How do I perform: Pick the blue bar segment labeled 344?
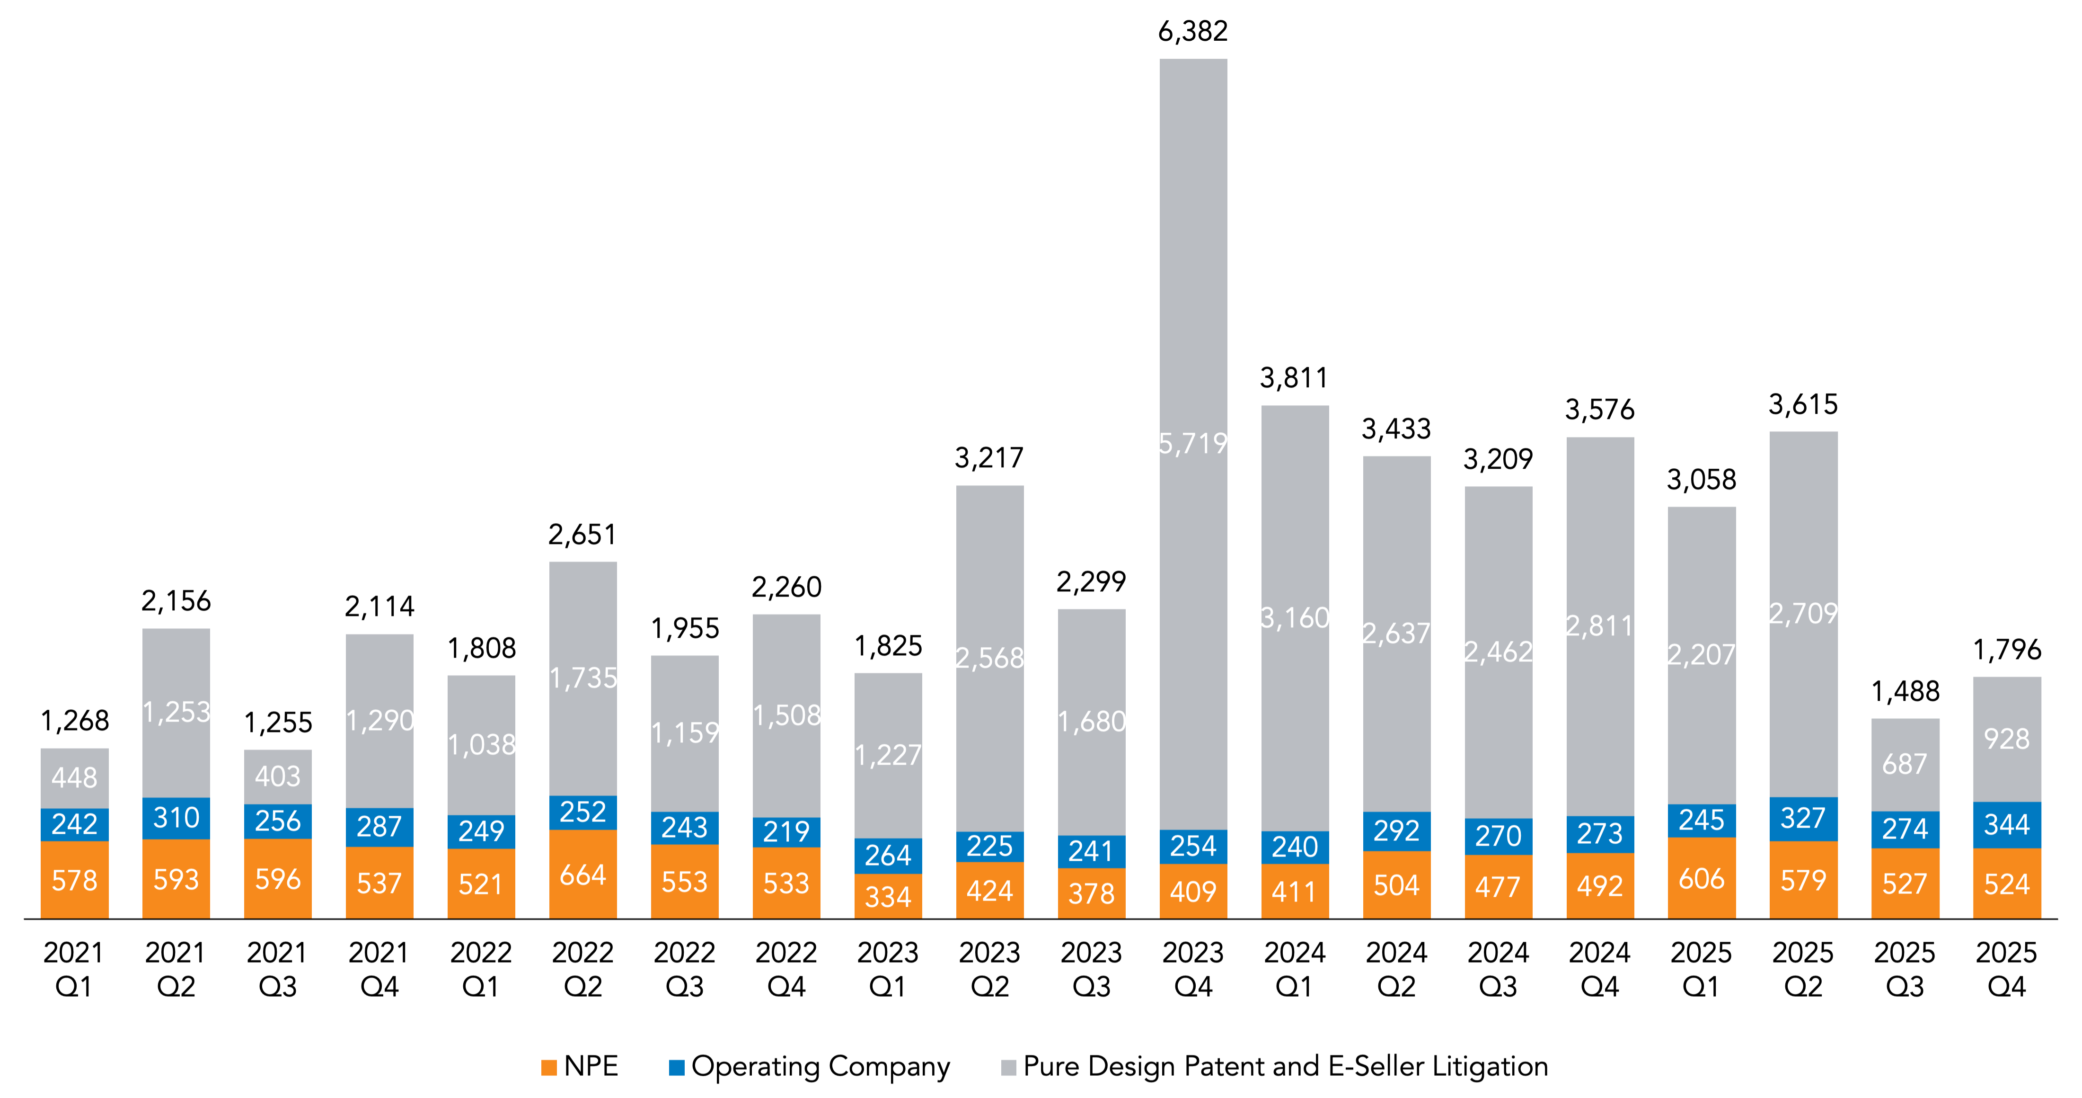2007,825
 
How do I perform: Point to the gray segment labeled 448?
74,778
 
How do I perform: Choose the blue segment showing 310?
176,818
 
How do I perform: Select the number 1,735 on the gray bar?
583,678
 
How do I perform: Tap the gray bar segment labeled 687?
1905,764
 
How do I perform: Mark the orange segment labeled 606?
1701,878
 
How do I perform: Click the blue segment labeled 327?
1803,818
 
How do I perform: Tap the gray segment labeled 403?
278,776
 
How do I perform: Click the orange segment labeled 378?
1091,893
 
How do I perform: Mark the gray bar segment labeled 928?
2007,738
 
